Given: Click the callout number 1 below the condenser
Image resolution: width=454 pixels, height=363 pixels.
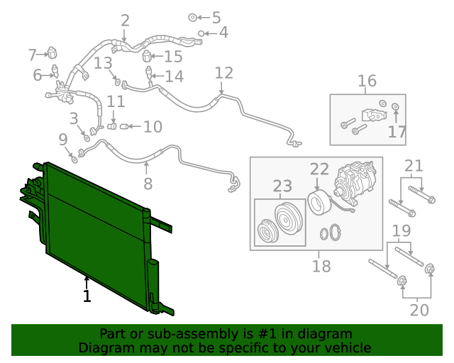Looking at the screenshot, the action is [87, 296].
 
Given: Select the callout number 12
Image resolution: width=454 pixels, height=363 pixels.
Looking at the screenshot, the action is [224, 73].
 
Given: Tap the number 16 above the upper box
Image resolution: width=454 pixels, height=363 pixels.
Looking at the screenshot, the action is [367, 81].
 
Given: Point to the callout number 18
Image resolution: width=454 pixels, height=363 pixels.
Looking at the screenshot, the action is [321, 266].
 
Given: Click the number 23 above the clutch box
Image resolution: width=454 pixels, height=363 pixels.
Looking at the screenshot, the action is [282, 186].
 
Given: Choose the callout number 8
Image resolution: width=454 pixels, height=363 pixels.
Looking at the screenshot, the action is [148, 184].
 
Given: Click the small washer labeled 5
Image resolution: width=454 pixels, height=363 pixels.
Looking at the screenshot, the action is [192, 17].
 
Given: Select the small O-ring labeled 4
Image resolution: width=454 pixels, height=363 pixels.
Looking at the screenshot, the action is [201, 33].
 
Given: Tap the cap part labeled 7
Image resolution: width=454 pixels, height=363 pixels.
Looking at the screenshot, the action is [52, 52].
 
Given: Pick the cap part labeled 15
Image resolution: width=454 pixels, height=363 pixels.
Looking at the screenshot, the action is [147, 56].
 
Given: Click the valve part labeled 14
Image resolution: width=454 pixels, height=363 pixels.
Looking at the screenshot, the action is [149, 72].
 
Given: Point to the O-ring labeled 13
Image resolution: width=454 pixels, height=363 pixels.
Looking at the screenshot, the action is [117, 82].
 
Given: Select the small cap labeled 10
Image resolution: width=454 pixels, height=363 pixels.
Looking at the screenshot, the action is [124, 126].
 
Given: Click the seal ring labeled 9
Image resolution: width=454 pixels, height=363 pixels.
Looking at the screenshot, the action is [74, 160].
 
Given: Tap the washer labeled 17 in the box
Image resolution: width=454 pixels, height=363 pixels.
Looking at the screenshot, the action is [395, 106].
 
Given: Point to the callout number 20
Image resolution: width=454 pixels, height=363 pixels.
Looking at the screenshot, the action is [419, 311].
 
